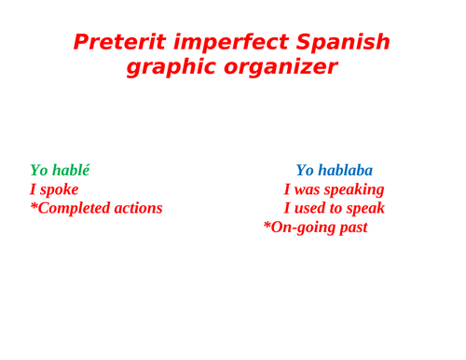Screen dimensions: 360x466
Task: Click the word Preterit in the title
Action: tap(113, 42)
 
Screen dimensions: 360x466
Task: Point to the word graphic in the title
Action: tap(167, 68)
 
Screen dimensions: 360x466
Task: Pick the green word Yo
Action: tap(39, 171)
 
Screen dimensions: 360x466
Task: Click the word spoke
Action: tap(59, 189)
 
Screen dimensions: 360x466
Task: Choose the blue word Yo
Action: tap(305, 171)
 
